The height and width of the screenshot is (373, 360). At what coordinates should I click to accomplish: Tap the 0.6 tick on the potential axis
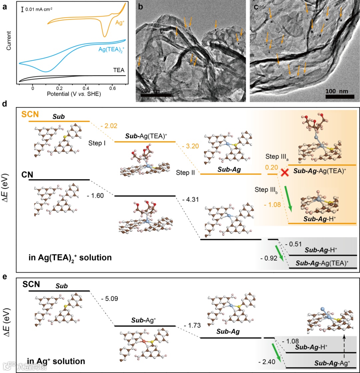click(112, 88)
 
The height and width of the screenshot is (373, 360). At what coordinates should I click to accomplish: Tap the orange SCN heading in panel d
click(30, 114)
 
